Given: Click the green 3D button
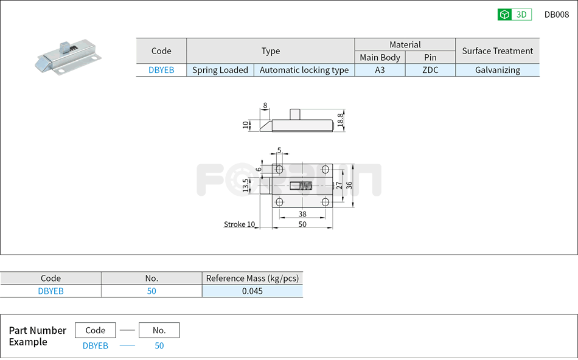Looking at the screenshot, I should pos(514,15).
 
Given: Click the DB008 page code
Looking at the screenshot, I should pos(556,15).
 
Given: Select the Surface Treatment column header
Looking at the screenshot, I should pos(497,51).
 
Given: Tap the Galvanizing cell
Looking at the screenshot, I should pos(497,70).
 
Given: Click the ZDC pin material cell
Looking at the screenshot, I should pos(430,70).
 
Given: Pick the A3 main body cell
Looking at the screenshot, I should pos(380,70).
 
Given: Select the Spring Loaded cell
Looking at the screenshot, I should pos(220,70).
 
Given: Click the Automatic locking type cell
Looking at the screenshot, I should pos(304,70).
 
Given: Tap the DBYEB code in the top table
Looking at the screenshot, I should pos(161,70).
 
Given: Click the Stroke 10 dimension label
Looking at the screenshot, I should pos(239,224).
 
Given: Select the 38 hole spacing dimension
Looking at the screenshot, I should pos(302,213).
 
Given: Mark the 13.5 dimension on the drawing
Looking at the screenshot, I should pos(246,185).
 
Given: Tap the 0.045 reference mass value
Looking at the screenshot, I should pos(252,291).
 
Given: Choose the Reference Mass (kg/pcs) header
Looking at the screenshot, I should pos(252,279).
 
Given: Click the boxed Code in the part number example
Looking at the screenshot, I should pos(95,330).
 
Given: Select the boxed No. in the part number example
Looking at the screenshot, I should pos(159,330).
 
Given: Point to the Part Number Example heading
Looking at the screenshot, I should pos(37,336).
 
